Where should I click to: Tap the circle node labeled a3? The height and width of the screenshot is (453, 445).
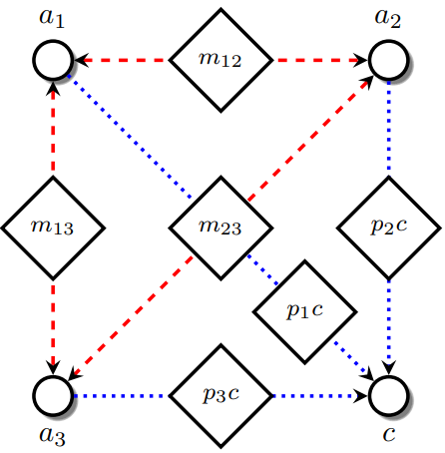click(x=53, y=395)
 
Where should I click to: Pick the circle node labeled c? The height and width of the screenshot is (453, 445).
click(x=388, y=395)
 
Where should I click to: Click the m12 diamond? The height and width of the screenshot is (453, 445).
click(x=221, y=60)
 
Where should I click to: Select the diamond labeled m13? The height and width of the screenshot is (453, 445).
click(x=53, y=227)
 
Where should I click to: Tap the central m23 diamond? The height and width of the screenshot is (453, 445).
click(x=221, y=227)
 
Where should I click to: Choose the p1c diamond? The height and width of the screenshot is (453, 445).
click(x=304, y=311)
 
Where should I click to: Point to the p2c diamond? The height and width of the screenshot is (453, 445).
click(x=388, y=227)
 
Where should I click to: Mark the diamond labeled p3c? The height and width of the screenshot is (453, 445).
click(x=221, y=395)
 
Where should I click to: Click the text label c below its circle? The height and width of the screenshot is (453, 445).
click(x=388, y=436)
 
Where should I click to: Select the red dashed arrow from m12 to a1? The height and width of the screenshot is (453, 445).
click(x=120, y=60)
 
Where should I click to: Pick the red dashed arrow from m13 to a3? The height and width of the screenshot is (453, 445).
click(x=53, y=324)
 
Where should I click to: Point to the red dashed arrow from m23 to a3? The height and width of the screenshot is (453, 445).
click(x=130, y=318)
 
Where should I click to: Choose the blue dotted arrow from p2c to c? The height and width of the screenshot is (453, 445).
click(x=388, y=324)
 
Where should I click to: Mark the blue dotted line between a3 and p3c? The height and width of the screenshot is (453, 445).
click(x=120, y=395)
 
